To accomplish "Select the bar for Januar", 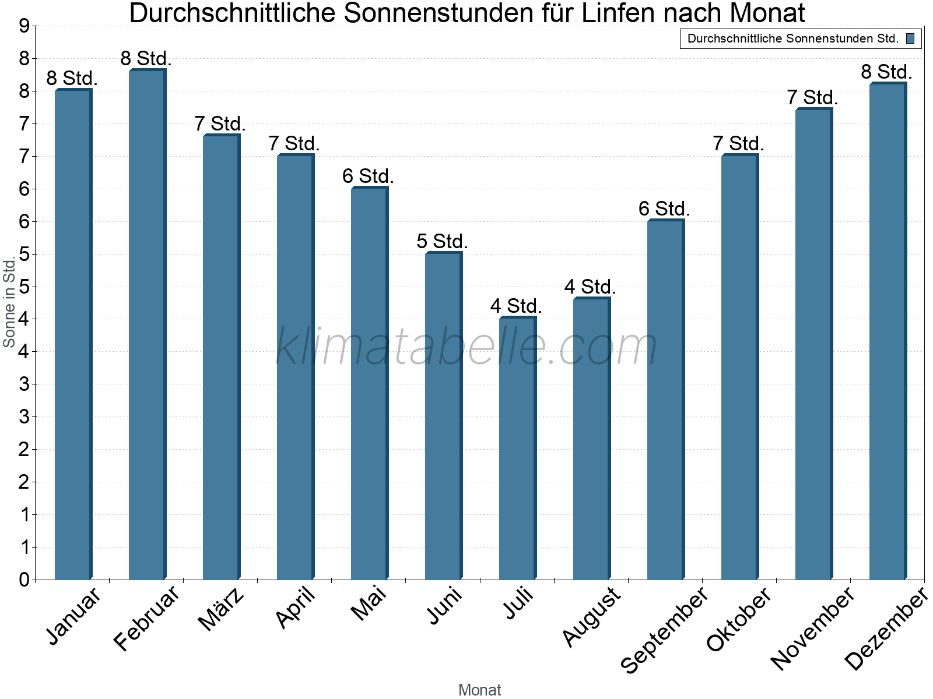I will click(73, 335).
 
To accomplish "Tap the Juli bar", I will click(517, 449).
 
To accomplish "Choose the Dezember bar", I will click(888, 331).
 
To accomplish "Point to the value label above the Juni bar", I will click(442, 241).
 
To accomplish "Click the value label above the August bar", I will click(590, 287).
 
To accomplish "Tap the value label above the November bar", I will click(812, 97).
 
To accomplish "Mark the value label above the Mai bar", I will click(368, 176).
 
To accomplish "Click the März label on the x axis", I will click(221, 609).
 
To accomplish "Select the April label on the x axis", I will click(296, 607).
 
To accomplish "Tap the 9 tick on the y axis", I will click(24, 26).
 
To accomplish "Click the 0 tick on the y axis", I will click(24, 580).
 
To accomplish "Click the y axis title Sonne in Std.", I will click(9, 303).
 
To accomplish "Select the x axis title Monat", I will click(479, 690).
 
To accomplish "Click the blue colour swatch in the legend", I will click(910, 39).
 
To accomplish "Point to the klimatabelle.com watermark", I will click(466, 347).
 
